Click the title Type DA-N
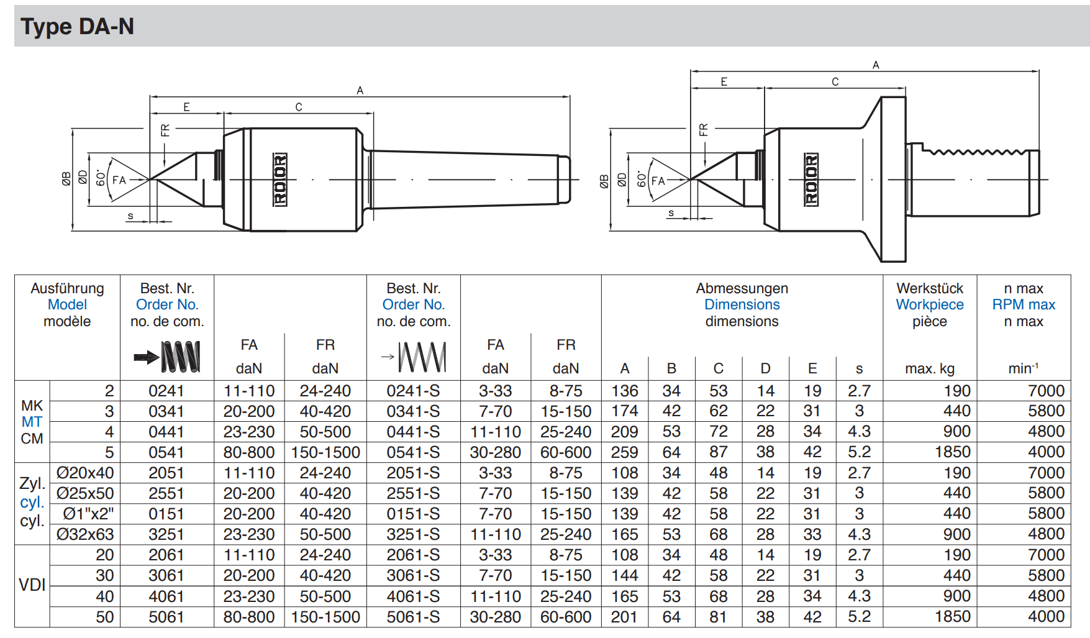coord(77,27)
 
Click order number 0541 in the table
coord(166,452)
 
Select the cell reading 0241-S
coord(413,391)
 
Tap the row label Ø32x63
coord(85,534)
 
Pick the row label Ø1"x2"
coord(89,514)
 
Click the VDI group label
coord(32,585)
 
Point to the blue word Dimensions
coord(742,304)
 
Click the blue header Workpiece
coord(930,304)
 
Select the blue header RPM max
coord(1024,304)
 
